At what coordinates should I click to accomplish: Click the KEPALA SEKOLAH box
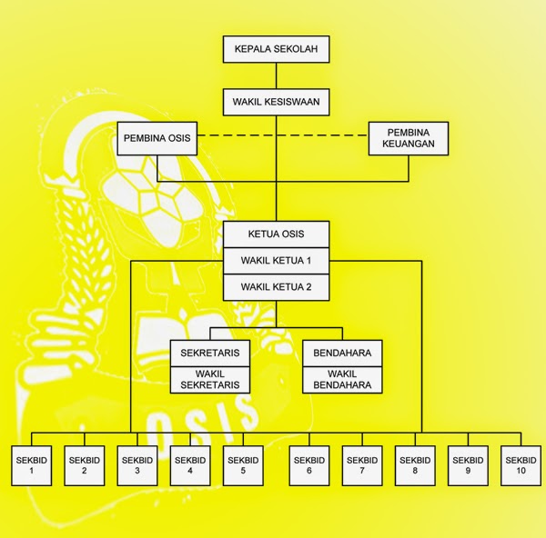[x=276, y=48]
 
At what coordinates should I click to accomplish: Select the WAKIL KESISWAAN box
[x=276, y=101]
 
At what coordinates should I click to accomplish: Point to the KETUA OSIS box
[x=276, y=234]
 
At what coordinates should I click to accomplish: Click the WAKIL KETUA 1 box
[x=276, y=261]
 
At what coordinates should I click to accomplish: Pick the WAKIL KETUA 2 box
[x=276, y=287]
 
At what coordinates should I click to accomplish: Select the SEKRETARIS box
[x=210, y=353]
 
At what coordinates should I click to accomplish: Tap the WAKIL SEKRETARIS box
[x=210, y=379]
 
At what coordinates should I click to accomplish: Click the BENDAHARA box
[x=342, y=353]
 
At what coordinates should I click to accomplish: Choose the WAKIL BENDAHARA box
[x=342, y=379]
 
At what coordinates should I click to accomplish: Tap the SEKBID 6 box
[x=309, y=465]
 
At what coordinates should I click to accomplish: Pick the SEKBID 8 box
[x=414, y=465]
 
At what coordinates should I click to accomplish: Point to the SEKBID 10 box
[x=520, y=465]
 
